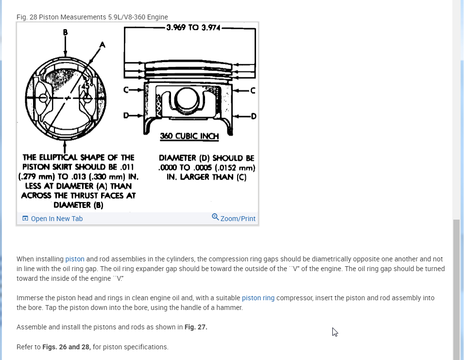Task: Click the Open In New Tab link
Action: pos(56,219)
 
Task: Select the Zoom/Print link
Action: pos(238,219)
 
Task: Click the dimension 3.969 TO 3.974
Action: pos(193,28)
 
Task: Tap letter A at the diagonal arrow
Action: pos(102,45)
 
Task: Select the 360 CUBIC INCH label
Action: pos(189,136)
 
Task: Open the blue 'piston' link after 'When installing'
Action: pos(75,259)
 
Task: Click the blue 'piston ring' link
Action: pos(258,298)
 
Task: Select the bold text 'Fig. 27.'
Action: pos(196,327)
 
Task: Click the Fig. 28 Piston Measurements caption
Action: pos(92,17)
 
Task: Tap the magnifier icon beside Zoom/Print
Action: pos(215,217)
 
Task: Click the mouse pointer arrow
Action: pos(335,332)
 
